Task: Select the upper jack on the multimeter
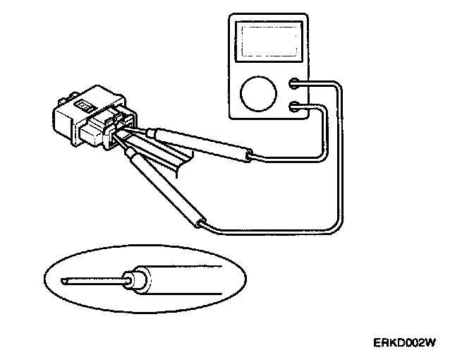(296, 85)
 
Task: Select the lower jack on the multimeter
(296, 107)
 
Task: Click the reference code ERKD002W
(405, 343)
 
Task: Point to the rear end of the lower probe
(201, 224)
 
